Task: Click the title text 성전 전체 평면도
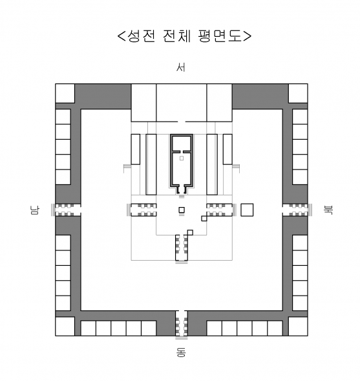click(184, 36)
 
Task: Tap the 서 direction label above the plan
click(181, 67)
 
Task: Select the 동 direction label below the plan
click(181, 353)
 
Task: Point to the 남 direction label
click(34, 210)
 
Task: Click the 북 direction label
click(329, 210)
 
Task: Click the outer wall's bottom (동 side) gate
click(182, 324)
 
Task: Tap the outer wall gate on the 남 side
click(66, 210)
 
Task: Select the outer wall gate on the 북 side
click(297, 210)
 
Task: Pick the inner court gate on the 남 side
click(142, 210)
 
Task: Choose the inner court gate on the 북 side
click(222, 210)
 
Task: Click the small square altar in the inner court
click(182, 210)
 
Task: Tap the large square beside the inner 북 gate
click(247, 210)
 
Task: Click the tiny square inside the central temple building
click(182, 158)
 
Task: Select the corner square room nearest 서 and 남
click(65, 94)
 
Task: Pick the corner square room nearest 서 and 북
click(298, 94)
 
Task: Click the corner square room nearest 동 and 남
click(65, 326)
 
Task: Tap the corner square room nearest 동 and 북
click(298, 326)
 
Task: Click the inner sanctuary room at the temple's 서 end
click(182, 143)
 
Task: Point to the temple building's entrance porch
click(182, 190)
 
